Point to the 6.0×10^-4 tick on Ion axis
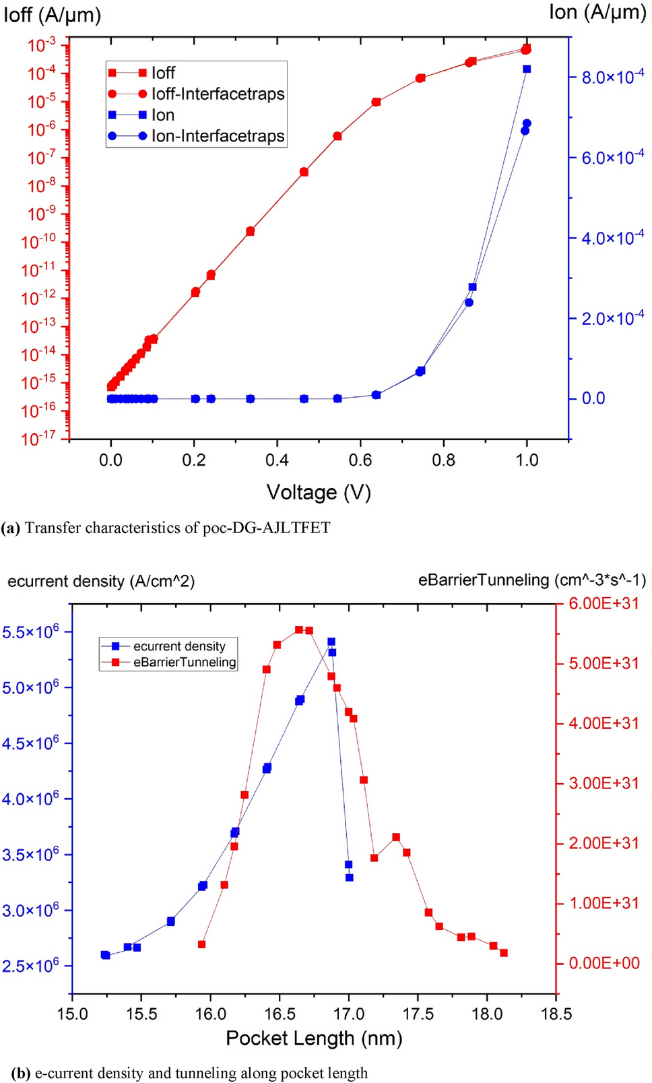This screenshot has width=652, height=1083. (x=603, y=158)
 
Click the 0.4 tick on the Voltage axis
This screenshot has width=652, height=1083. (x=277, y=460)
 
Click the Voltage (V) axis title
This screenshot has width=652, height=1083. (x=319, y=493)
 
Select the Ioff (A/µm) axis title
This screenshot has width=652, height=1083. (x=52, y=14)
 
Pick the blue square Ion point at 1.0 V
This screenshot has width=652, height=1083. (x=527, y=69)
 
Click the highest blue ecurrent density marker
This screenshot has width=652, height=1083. (x=331, y=642)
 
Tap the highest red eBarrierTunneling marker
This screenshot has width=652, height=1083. (x=299, y=629)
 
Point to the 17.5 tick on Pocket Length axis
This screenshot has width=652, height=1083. (x=418, y=1014)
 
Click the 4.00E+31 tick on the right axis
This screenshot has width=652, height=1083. (x=604, y=724)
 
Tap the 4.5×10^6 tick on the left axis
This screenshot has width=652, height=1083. (x=30, y=743)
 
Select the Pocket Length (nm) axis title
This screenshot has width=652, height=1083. (x=314, y=1039)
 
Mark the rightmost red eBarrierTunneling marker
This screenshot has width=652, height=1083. (x=504, y=953)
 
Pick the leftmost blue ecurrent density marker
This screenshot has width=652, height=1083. (x=105, y=955)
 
